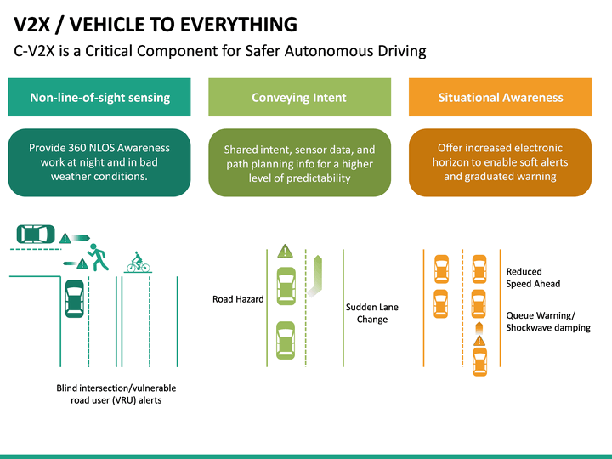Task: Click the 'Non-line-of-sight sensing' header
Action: [99, 98]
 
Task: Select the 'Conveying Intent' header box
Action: [299, 98]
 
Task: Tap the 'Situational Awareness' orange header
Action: [501, 98]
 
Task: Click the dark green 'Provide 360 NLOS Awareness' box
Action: [99, 161]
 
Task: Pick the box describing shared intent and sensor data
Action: [299, 162]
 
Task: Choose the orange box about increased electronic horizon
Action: [501, 161]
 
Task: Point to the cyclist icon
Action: [138, 263]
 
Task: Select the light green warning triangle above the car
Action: [285, 251]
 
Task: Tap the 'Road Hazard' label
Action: [238, 299]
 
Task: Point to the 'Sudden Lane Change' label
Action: [371, 313]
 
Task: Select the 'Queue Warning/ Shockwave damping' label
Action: [547, 321]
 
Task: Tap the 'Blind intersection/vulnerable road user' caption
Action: [116, 394]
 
